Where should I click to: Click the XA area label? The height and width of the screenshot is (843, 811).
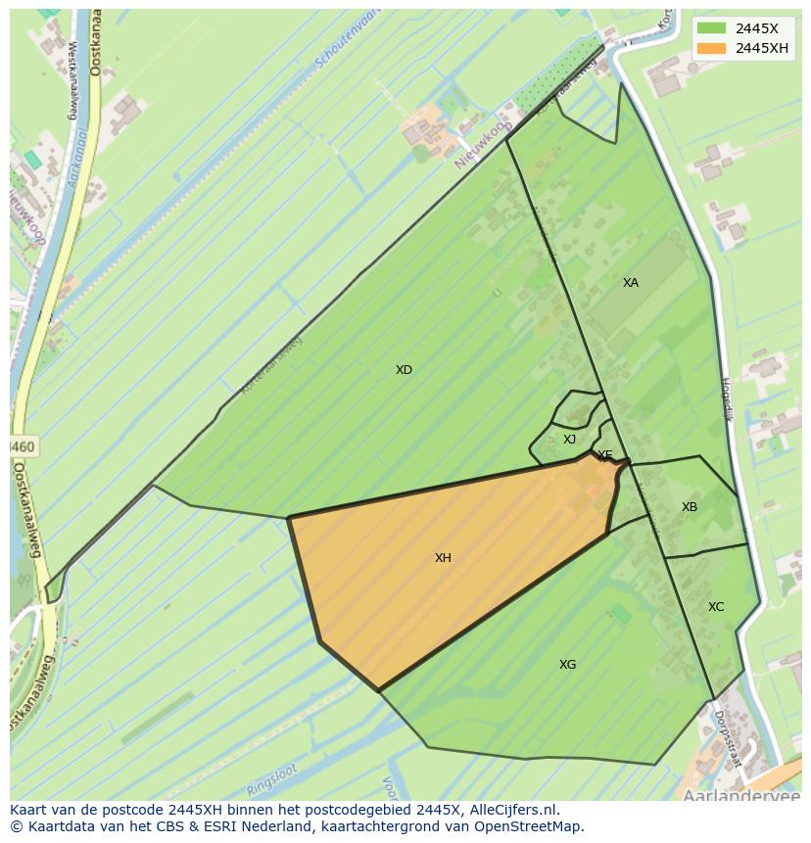[631, 283]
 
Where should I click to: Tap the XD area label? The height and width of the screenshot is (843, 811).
[404, 370]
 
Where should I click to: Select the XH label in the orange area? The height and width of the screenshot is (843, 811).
[443, 558]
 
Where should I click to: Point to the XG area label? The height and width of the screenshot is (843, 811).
[567, 665]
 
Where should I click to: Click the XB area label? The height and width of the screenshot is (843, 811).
[690, 507]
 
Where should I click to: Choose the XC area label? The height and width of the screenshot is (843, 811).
[716, 607]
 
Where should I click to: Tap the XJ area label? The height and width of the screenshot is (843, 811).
[569, 440]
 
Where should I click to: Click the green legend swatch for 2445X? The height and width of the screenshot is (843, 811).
[712, 27]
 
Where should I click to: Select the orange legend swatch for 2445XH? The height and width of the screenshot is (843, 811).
[712, 48]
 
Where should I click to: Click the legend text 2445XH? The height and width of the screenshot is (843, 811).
[762, 48]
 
